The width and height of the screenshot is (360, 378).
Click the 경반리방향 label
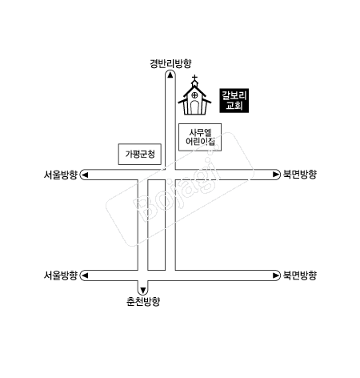coord(170,63)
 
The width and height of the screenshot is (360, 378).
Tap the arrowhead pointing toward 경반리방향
coord(170,75)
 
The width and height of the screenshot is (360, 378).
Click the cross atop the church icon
coord(195,78)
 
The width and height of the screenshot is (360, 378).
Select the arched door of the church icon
coord(195,107)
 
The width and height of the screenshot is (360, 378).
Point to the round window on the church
coord(195,94)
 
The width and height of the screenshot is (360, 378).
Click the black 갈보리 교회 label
coord(234,100)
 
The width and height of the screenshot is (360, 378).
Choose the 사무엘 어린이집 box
coord(200,137)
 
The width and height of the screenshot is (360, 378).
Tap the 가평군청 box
coord(140,154)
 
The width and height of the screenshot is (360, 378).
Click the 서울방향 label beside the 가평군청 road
coord(61,175)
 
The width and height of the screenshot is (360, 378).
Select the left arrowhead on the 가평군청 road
coord(85,175)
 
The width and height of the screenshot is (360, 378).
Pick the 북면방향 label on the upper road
coord(300,175)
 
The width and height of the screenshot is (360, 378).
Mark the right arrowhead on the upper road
coord(276,175)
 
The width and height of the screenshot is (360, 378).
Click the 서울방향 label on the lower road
coord(61,275)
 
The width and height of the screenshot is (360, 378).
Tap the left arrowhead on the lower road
coord(85,275)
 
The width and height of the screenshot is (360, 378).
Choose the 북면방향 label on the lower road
coord(300,275)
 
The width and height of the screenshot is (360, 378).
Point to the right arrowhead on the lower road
coord(276,275)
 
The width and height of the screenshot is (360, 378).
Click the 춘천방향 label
coord(143,302)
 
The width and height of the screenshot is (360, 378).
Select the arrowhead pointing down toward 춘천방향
coord(143,290)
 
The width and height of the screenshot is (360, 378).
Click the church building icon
coord(195,95)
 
